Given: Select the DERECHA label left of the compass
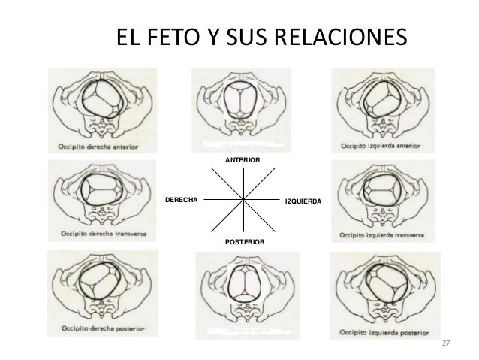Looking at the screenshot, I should click(180, 201).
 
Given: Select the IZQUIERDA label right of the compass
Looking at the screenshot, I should click(303, 203).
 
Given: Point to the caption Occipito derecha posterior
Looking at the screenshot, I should click(97, 327).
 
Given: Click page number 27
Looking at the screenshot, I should click(446, 343).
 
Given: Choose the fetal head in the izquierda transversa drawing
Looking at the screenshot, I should click(384, 192).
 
